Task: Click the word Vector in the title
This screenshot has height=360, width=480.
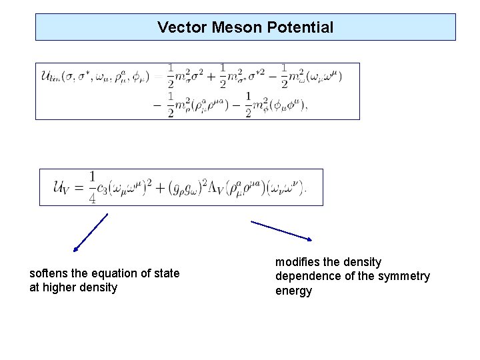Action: click(177, 27)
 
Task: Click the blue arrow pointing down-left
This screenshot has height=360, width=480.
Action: click(91, 233)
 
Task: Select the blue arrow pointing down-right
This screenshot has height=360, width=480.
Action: click(281, 230)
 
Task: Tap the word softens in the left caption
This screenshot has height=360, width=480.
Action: click(49, 274)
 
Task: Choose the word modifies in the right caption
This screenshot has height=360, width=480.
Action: click(297, 262)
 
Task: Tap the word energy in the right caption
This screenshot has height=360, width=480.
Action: click(293, 291)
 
